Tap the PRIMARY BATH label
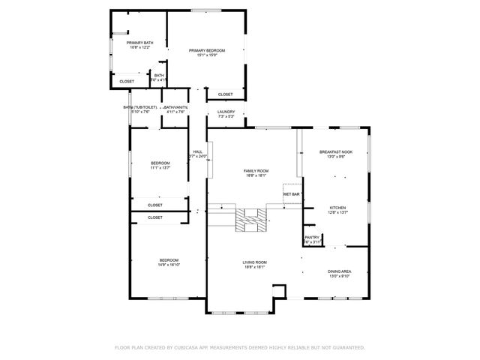coord(140,43)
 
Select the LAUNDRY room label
coord(226,112)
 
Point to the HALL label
coord(197,151)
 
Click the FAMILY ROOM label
coord(256,171)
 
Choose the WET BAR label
coord(292,194)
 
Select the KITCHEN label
coord(337,208)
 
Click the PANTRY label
coord(312,238)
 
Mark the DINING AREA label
coord(338,271)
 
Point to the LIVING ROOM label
coord(255,262)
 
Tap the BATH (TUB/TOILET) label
coord(140,108)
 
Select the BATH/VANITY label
coord(175,108)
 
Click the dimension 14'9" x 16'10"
coord(168,265)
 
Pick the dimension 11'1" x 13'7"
coord(160,168)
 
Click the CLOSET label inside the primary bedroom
coord(225,94)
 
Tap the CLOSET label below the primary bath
coord(127,81)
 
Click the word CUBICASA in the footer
coord(188,348)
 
